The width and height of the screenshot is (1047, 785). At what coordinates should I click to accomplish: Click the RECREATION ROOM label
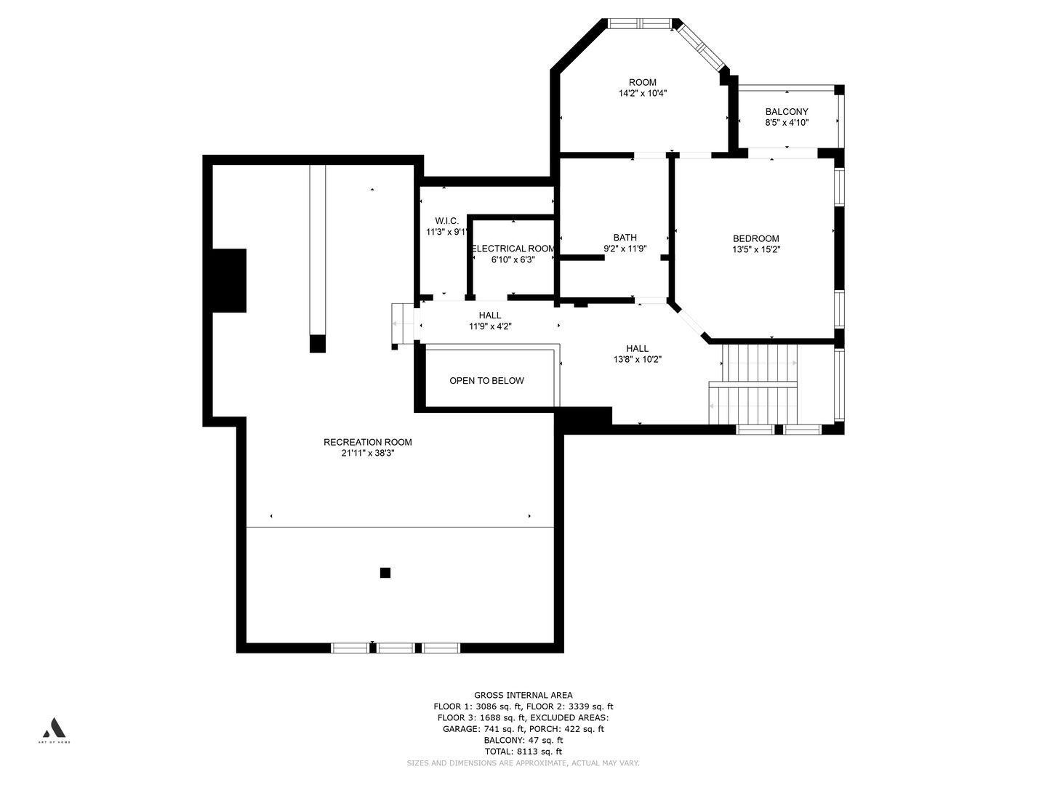click(367, 442)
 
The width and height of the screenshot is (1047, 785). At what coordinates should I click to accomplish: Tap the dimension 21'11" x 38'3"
click(367, 453)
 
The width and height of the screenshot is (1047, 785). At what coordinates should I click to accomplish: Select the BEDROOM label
click(755, 238)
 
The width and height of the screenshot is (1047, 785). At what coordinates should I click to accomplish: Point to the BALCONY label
click(786, 112)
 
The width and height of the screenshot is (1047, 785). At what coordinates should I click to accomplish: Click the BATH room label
click(625, 238)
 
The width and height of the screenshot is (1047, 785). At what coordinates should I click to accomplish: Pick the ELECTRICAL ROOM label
click(513, 249)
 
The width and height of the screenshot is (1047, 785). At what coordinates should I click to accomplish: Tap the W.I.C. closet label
click(446, 221)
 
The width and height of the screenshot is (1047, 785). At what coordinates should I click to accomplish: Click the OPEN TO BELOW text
click(486, 381)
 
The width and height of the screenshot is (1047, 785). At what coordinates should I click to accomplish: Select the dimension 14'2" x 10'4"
click(642, 93)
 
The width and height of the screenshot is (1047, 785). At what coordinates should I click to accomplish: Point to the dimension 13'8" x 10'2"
click(637, 359)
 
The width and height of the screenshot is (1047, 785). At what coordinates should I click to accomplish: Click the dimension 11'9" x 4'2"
click(489, 326)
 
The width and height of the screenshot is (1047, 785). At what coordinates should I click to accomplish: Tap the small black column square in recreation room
click(385, 573)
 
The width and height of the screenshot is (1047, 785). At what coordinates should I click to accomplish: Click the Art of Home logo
click(55, 728)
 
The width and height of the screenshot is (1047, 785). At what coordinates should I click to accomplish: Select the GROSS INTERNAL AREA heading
click(523, 695)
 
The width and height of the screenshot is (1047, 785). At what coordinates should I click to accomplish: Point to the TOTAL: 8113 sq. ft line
click(523, 752)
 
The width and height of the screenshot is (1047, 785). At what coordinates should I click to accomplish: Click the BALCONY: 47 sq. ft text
click(523, 740)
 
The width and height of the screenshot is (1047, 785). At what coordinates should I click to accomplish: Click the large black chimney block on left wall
click(229, 281)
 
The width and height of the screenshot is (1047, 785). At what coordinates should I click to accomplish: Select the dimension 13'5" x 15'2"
click(755, 249)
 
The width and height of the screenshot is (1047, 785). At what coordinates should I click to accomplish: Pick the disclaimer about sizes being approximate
click(523, 763)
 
